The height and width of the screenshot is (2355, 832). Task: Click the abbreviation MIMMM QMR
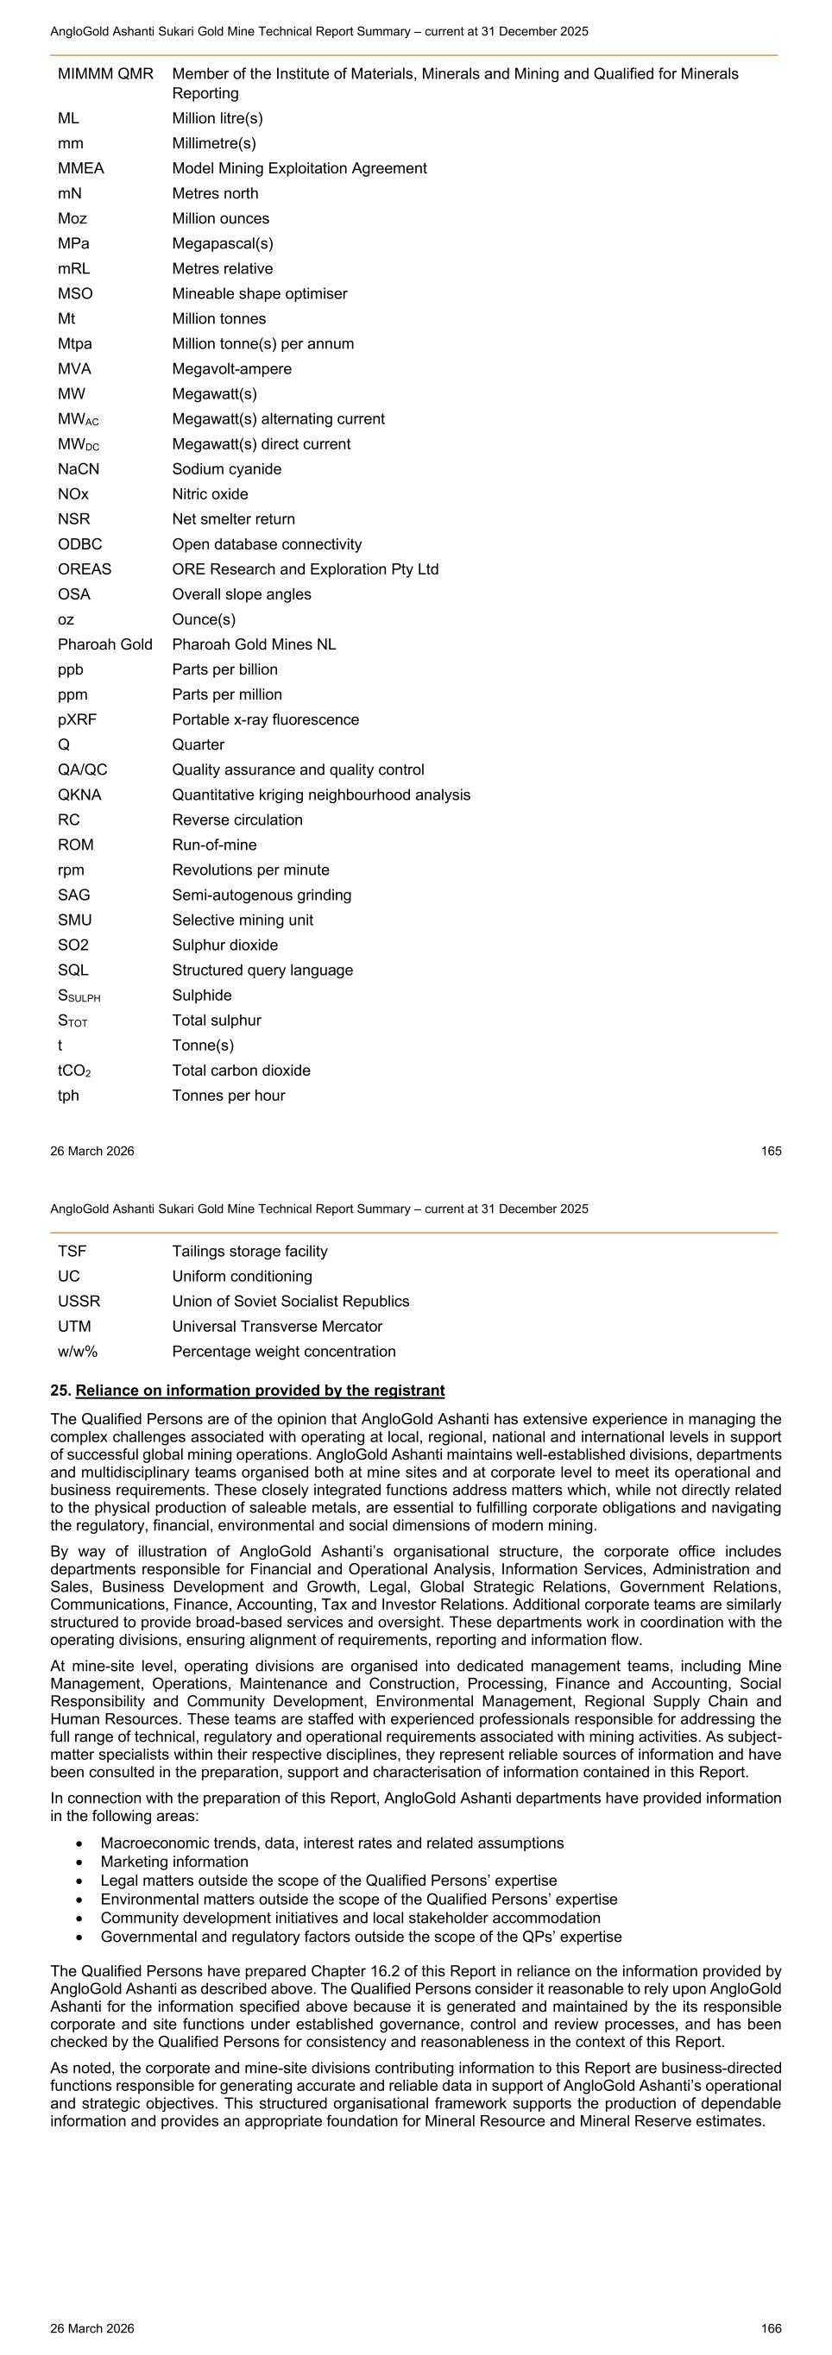click(105, 73)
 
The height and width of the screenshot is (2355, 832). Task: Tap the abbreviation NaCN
click(79, 469)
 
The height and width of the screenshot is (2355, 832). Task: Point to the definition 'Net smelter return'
click(233, 519)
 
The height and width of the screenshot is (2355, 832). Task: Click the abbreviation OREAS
click(84, 568)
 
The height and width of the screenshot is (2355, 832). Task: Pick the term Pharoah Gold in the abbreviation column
click(105, 644)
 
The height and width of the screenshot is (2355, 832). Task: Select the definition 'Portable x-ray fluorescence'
click(265, 719)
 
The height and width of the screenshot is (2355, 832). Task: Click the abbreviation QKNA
click(79, 794)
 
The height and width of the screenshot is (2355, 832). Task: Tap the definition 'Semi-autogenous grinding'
click(262, 895)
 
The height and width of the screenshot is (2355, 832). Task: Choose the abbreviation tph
click(68, 1096)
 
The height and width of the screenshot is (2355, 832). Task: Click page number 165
click(771, 1151)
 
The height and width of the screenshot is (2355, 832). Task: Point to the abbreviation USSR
click(79, 1301)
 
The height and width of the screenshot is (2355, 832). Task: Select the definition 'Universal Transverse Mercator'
click(277, 1327)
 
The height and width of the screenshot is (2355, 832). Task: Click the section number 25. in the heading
click(60, 1391)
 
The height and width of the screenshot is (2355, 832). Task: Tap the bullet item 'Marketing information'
click(173, 1862)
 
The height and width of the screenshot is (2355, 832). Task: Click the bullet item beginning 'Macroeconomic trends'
click(332, 1843)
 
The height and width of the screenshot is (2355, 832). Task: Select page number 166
click(771, 2328)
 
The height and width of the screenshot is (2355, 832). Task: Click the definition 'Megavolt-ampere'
click(231, 369)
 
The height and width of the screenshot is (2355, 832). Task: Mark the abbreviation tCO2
click(79, 1071)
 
